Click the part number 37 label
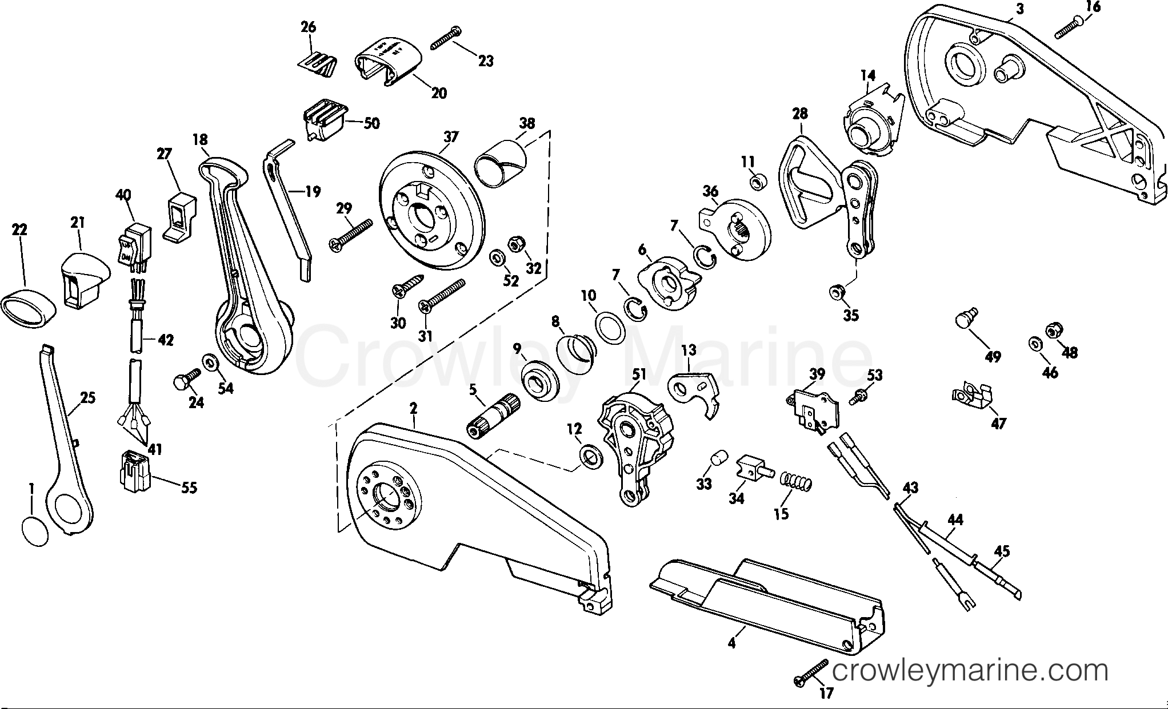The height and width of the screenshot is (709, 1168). (x=451, y=137)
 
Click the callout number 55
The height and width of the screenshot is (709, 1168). (x=189, y=488)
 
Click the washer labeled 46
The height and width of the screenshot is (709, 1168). (x=1033, y=344)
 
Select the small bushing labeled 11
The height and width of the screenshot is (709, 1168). (x=758, y=183)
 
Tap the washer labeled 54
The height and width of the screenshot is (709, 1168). (x=209, y=362)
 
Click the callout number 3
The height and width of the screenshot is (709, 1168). (x=1019, y=8)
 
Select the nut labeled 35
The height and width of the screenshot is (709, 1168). (x=837, y=292)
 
